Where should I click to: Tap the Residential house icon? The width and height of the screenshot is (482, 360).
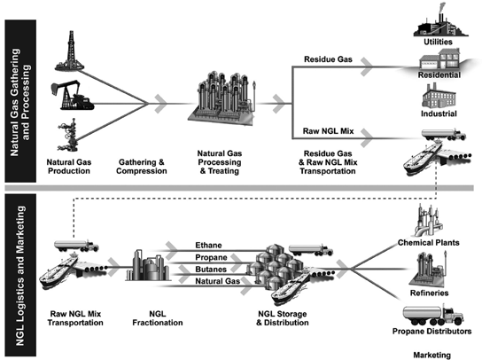tap(440, 59)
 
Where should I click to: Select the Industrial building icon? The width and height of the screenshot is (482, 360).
tap(439, 96)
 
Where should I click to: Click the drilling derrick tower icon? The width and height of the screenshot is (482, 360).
tap(70, 51)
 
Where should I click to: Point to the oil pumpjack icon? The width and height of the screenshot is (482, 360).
tap(72, 96)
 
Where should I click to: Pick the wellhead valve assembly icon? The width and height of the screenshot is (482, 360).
tap(67, 135)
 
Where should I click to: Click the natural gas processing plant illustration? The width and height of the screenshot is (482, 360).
tap(222, 98)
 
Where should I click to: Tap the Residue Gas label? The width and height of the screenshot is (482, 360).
tap(328, 59)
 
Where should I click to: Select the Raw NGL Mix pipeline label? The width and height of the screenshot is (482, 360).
tap(328, 131)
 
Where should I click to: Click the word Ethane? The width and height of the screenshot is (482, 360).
tap(208, 246)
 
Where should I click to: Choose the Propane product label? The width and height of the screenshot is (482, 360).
tap(211, 257)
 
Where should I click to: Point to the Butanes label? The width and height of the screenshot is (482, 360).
tap(211, 270)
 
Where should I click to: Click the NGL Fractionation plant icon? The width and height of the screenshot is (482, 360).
tap(147, 265)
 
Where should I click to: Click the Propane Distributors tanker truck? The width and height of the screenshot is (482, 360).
tap(432, 315)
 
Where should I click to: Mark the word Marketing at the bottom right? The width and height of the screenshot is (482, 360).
tap(431, 355)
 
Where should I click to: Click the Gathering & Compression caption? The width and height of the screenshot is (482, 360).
tap(142, 167)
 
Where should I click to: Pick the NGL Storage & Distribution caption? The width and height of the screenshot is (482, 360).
tap(283, 318)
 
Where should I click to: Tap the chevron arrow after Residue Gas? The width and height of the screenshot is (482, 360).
tap(367, 67)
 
